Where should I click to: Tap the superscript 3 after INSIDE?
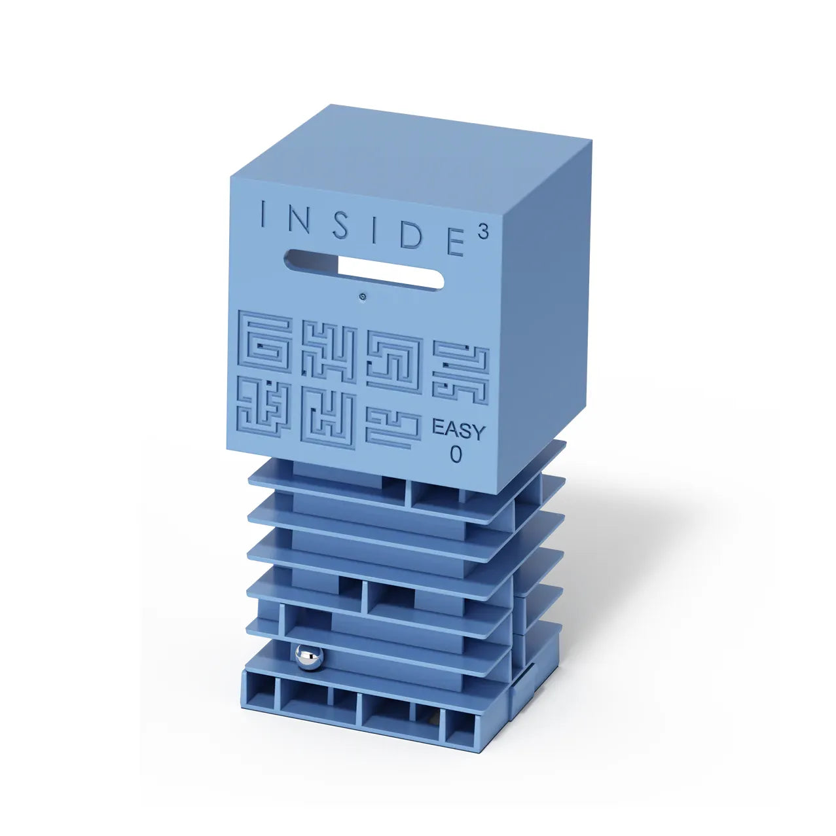pos(484,232)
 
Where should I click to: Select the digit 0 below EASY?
pos(456,454)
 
